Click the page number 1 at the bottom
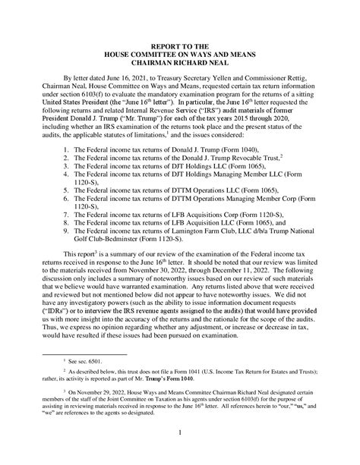point(180,454)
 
